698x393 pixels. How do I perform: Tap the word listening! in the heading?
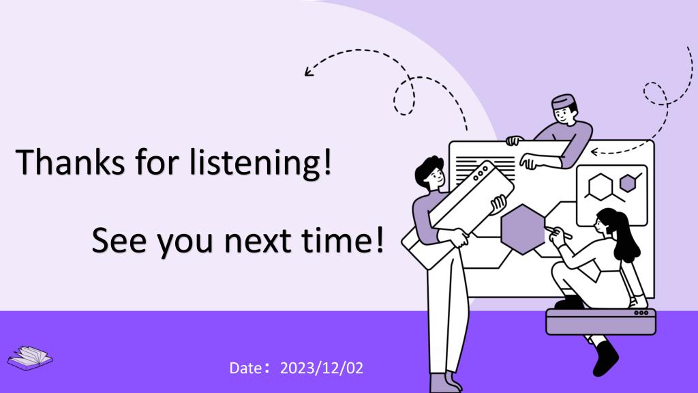point(261,163)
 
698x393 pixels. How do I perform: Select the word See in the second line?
point(119,240)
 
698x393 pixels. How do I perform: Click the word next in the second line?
point(258,241)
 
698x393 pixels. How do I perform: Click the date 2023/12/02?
point(322,368)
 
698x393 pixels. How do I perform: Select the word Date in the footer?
point(245,368)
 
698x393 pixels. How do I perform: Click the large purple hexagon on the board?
point(523,229)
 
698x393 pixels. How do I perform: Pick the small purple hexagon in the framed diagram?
point(628,183)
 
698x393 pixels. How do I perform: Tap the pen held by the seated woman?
point(559,233)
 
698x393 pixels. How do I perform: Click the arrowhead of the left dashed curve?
point(309,72)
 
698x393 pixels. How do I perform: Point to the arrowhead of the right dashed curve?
point(594,152)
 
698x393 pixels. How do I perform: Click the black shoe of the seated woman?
point(605,358)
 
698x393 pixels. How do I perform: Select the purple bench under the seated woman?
point(601,321)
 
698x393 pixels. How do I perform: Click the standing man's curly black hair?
point(427,170)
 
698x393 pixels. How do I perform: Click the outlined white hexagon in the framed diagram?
point(601,187)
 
